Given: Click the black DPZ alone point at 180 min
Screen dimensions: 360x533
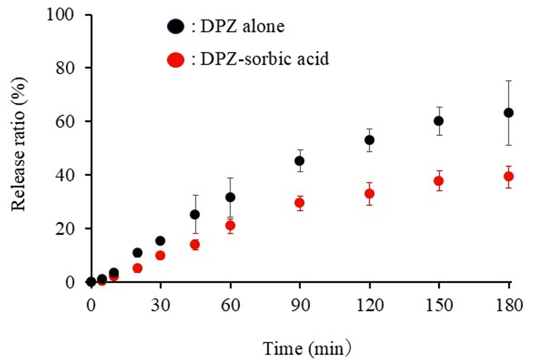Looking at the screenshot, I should coord(508,113).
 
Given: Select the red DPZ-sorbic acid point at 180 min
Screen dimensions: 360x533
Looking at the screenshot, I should coord(508,176).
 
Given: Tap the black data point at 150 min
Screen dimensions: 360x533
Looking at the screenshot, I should coord(439,121).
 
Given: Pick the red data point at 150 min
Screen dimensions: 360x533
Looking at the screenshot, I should coord(439,181).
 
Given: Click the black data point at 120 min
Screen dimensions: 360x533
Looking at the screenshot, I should coord(369,140).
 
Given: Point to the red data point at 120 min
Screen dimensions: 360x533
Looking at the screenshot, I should coord(369,194).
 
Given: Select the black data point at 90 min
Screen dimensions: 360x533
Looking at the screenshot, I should coord(300,161).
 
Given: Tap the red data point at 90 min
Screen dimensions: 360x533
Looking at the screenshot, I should coord(300,203).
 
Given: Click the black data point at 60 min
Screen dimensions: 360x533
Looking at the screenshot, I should coord(230,197).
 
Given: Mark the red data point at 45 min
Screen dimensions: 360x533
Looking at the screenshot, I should coord(195,245).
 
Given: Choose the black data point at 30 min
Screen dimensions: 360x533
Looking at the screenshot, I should coord(160,241).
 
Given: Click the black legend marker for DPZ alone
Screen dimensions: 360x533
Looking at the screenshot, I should coord(175,27).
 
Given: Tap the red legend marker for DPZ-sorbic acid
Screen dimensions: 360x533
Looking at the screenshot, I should coord(175,60).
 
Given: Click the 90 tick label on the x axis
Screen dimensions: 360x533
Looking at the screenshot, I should coord(300,305).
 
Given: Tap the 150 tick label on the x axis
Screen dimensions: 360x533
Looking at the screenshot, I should coord(439,305).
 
